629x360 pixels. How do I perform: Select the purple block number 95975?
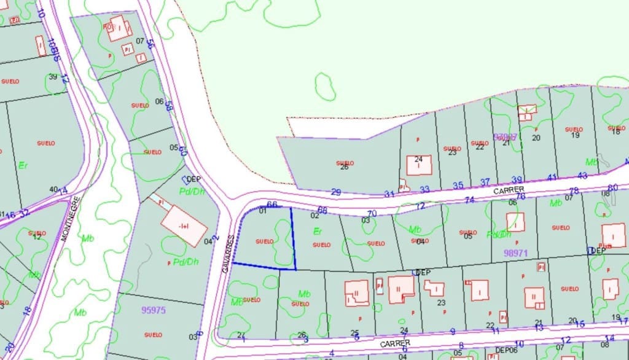click(x=153, y=310)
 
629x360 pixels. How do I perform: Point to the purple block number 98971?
click(x=516, y=252)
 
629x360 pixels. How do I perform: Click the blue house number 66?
click(x=272, y=205)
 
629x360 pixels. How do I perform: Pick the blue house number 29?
click(x=335, y=192)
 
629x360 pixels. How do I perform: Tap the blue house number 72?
click(x=420, y=206)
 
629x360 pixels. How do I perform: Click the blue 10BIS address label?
click(x=55, y=49)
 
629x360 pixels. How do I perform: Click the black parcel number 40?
click(x=53, y=189)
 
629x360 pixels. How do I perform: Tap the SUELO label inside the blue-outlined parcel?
click(x=264, y=241)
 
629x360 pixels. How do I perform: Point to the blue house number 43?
click(x=582, y=176)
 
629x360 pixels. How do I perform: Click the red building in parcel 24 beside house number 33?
click(x=419, y=165)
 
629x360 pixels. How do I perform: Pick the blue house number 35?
click(x=458, y=185)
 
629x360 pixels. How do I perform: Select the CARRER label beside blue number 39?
click(x=507, y=190)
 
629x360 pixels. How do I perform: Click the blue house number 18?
click(x=27, y=310)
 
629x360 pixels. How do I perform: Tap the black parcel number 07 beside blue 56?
click(x=139, y=41)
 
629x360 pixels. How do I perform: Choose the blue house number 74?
click(x=469, y=200)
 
